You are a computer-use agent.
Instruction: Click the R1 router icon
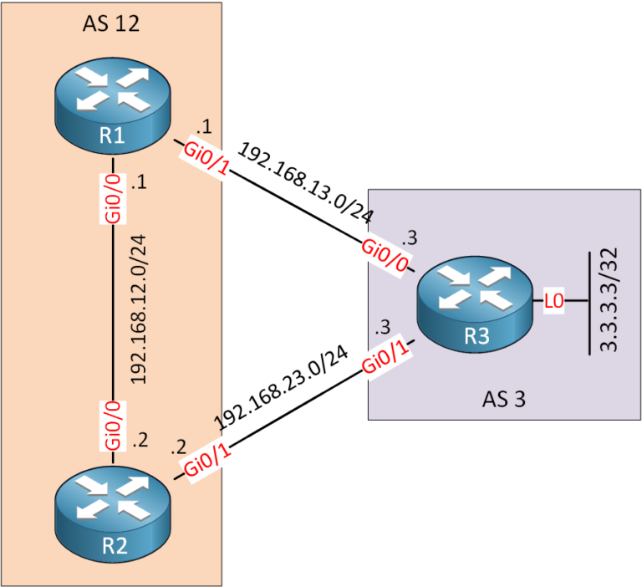(113, 107)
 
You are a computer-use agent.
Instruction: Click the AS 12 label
(110, 23)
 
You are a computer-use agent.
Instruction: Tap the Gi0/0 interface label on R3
(386, 256)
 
